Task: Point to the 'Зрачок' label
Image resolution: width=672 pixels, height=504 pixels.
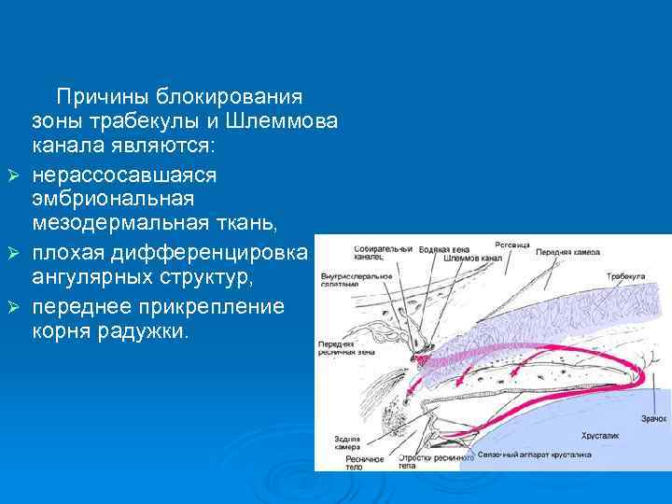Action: coord(653,419)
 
